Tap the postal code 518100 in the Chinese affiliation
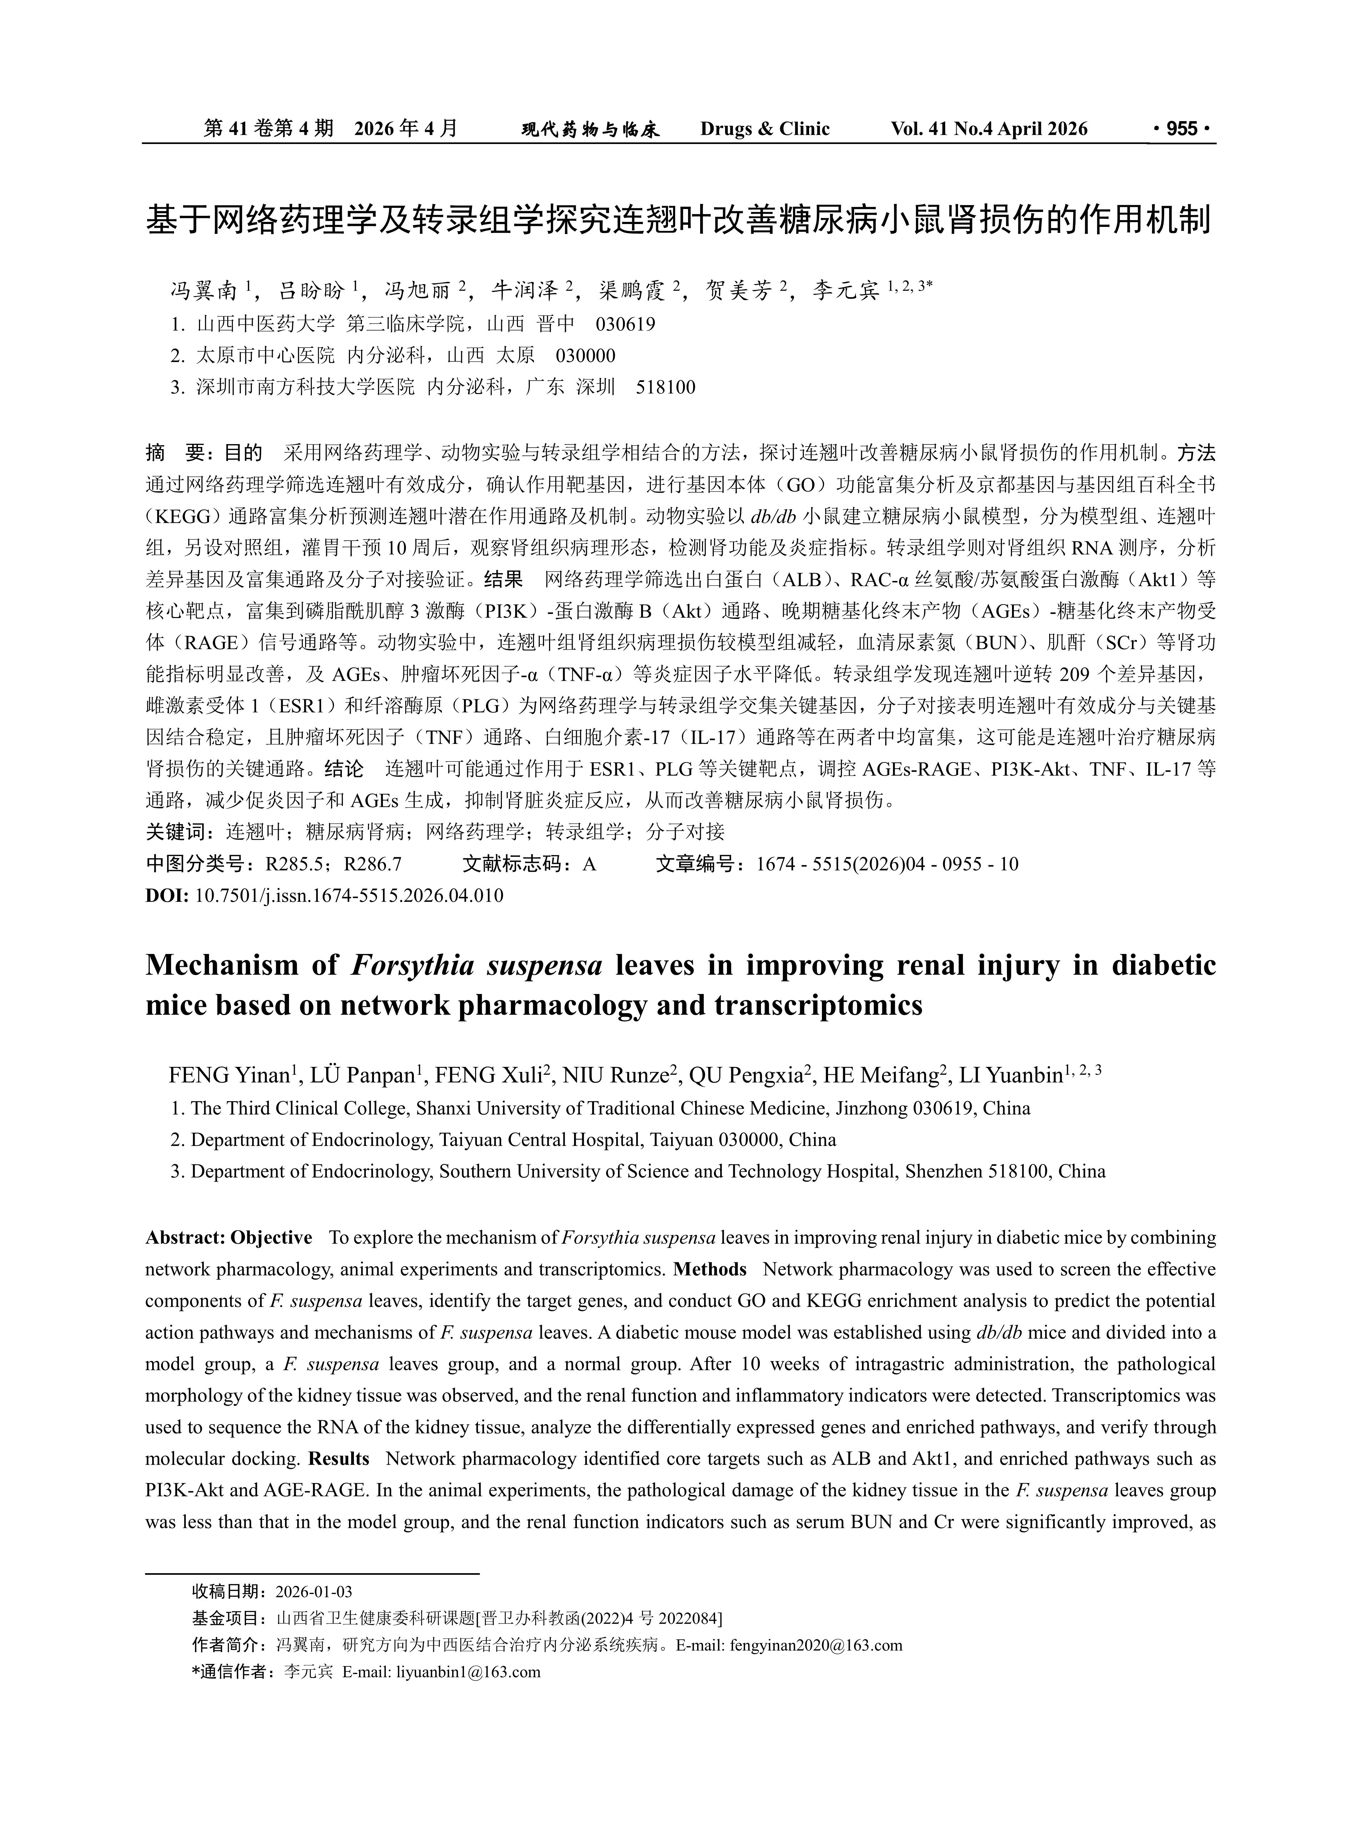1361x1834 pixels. pos(665,387)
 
